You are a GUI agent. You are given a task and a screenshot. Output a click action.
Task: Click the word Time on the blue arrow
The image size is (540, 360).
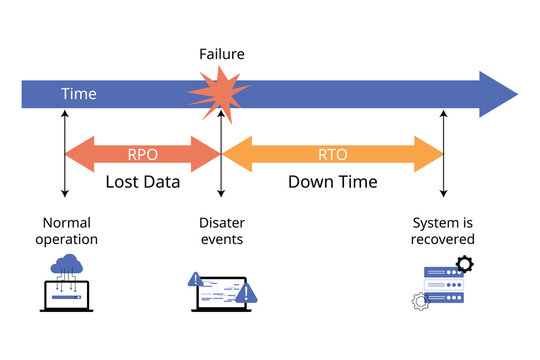pyautogui.click(x=79, y=94)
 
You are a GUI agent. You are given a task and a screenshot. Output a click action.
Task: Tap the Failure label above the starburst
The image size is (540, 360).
pyautogui.click(x=221, y=54)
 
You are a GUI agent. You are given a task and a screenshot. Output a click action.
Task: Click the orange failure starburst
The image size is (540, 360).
pyautogui.click(x=220, y=93)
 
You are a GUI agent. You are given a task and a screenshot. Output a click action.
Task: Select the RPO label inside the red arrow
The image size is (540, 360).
pyautogui.click(x=142, y=154)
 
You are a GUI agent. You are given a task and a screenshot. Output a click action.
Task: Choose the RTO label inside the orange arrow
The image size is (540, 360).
pyautogui.click(x=332, y=154)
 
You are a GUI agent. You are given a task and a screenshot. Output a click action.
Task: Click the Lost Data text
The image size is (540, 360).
pyautogui.click(x=143, y=182)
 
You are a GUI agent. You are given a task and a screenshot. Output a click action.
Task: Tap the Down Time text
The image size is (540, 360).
pyautogui.click(x=332, y=182)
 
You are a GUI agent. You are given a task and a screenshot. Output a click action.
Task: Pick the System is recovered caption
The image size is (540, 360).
pyautogui.click(x=443, y=231)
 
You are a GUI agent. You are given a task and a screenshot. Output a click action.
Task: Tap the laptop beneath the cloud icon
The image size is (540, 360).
pyautogui.click(x=68, y=296)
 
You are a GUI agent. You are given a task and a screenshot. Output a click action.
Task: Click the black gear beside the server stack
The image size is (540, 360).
pyautogui.click(x=464, y=265)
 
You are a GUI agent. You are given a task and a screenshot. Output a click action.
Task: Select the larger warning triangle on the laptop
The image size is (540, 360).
pyautogui.click(x=247, y=293)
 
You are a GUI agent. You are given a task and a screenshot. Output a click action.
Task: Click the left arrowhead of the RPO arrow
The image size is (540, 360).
pyautogui.click(x=72, y=154)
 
